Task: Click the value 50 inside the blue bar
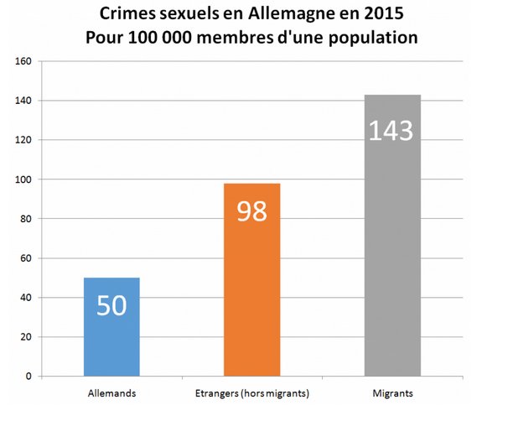[x=111, y=305]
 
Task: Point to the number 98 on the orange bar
[x=252, y=210]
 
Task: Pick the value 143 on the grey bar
[x=392, y=131]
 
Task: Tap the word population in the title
[x=370, y=39]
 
